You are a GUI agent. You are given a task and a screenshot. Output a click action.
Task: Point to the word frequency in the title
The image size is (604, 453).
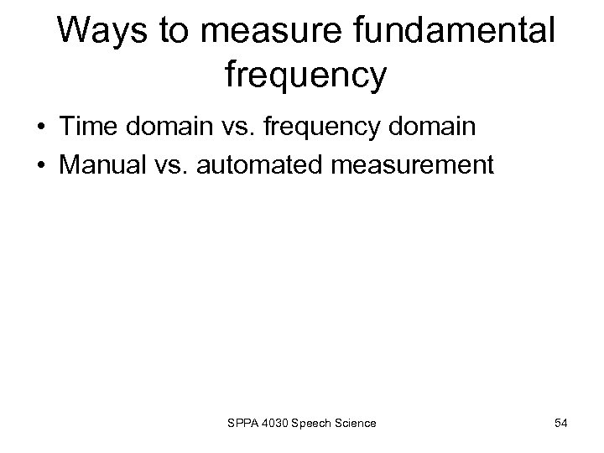point(306,76)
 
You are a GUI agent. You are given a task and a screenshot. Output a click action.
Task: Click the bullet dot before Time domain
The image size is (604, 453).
point(40,128)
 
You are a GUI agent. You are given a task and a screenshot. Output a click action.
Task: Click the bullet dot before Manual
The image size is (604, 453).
point(40,164)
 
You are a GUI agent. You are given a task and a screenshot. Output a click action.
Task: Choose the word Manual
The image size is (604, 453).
point(99,164)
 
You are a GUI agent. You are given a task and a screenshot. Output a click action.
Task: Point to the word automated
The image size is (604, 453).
point(256,164)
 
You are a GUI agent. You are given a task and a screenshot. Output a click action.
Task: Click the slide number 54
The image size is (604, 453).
point(560,422)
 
